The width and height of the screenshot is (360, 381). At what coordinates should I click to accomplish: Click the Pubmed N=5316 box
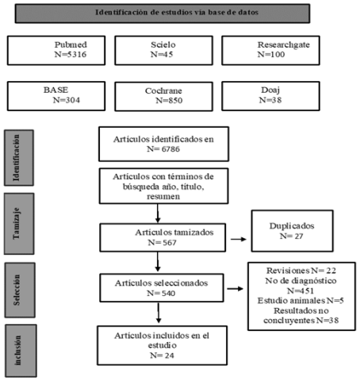(x=56, y=50)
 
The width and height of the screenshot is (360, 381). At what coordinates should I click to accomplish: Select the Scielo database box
(x=163, y=50)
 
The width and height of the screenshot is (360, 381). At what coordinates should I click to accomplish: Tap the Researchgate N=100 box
(x=270, y=50)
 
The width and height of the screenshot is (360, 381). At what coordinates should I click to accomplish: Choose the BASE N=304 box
(x=56, y=96)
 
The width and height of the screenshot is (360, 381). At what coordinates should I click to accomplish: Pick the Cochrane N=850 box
(x=163, y=96)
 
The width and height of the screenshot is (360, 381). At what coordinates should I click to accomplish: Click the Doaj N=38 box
(x=270, y=96)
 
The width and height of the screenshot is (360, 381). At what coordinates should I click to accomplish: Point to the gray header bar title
(x=177, y=13)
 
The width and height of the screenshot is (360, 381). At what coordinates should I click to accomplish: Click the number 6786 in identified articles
(x=170, y=149)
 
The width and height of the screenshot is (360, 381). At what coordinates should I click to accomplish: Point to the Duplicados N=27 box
(x=293, y=231)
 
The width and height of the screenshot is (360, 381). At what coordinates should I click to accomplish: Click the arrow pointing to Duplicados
(x=239, y=239)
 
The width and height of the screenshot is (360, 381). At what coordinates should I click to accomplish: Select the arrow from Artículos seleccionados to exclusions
(x=235, y=289)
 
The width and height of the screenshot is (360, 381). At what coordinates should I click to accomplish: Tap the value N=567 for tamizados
(x=162, y=242)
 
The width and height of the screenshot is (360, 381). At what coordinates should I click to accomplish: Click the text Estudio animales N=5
(x=301, y=301)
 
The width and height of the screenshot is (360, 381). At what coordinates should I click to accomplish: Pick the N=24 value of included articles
(x=162, y=356)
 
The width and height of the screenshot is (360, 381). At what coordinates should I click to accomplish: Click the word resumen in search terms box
(x=163, y=197)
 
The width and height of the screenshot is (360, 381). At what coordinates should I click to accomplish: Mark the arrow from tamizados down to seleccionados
(x=158, y=261)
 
